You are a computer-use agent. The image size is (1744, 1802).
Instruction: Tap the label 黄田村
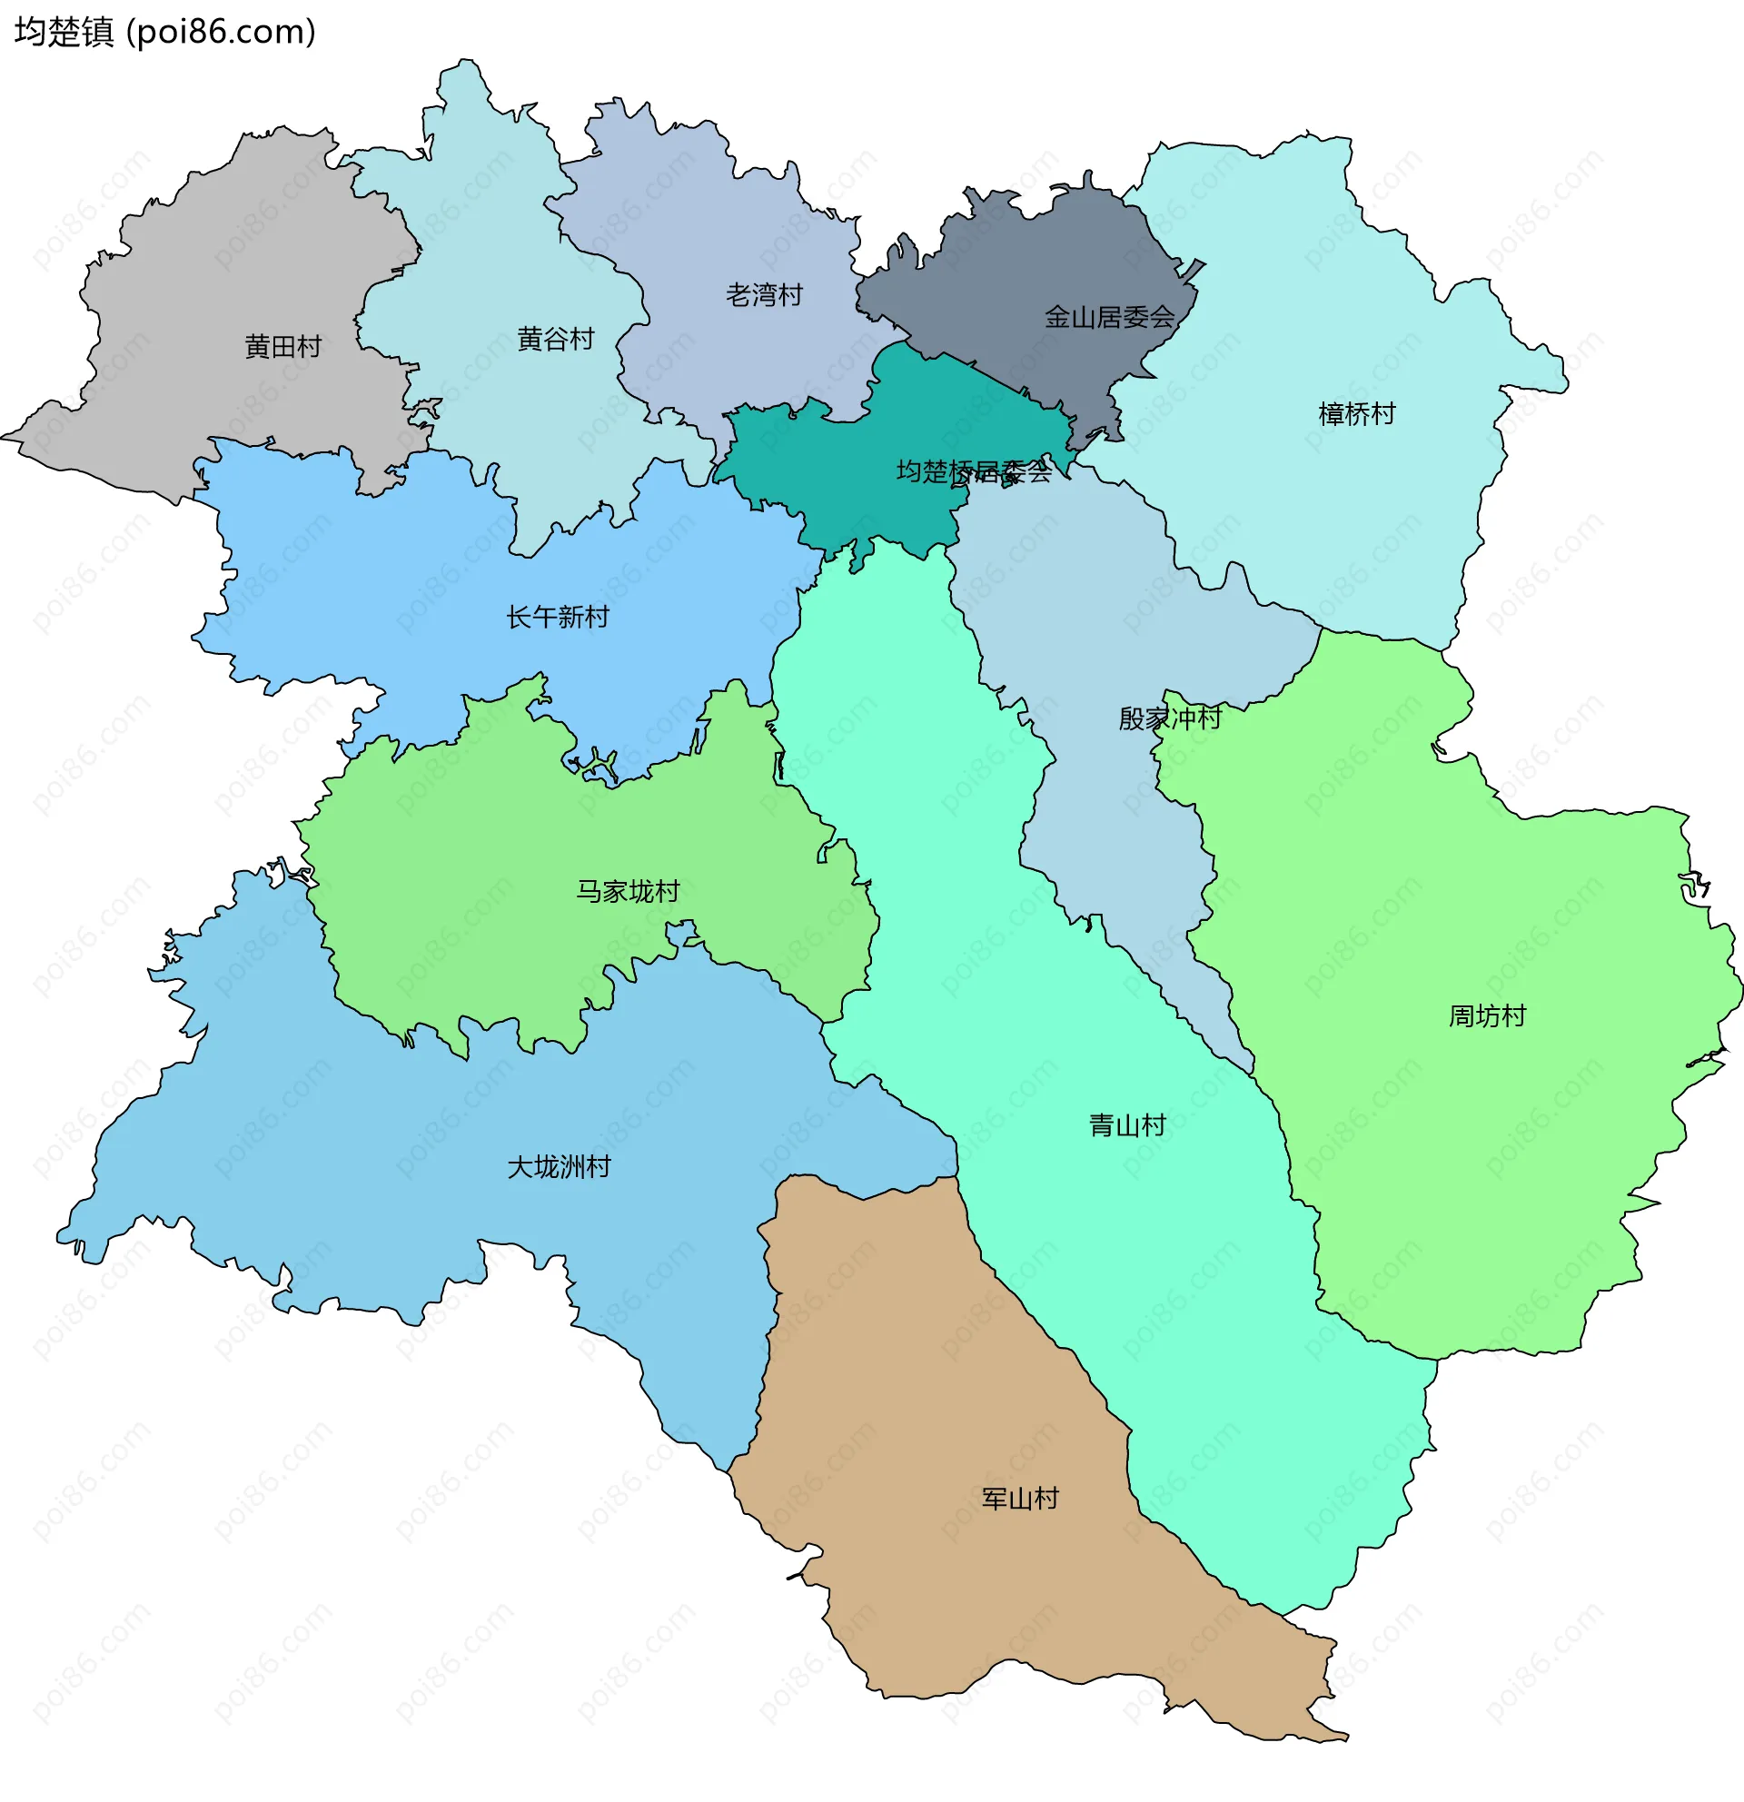pos(282,347)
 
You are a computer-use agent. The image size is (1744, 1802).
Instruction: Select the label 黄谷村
pos(555,340)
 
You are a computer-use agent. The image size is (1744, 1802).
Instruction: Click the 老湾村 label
pos(764,295)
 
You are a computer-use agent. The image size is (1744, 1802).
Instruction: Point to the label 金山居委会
pos(1109,317)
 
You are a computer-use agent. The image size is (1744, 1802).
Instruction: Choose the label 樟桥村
pos(1356,414)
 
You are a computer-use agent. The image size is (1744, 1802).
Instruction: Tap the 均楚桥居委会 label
pos(973,471)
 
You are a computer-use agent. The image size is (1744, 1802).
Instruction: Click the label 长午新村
pos(557,617)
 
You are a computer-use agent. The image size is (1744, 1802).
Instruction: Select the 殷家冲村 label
pos(1169,718)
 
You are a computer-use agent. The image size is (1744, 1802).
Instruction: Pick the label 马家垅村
pos(627,891)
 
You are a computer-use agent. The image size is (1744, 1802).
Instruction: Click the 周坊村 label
pos(1487,1016)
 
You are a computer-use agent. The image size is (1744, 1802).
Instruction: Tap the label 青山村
pos(1126,1125)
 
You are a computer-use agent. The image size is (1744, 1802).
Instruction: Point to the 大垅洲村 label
pos(559,1167)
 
